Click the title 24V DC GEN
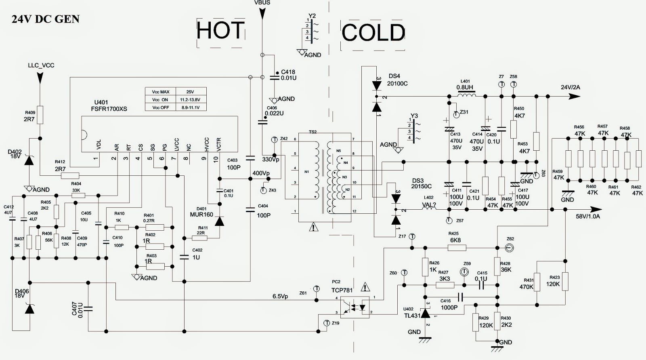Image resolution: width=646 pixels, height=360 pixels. coord(46,19)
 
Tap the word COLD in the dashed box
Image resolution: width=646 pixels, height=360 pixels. coord(373,33)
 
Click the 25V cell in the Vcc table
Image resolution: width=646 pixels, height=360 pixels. coord(190,92)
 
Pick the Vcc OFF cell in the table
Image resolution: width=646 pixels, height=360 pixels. coord(160,107)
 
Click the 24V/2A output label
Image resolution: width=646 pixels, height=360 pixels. coord(570,87)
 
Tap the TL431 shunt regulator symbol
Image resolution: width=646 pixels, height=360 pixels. coord(425,314)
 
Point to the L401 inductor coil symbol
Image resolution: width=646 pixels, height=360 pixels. coord(466,95)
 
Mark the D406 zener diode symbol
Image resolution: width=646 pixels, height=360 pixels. coord(29,309)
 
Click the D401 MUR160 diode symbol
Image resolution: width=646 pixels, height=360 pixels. coord(219,221)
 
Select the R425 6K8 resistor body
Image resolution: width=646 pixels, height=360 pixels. coord(457,247)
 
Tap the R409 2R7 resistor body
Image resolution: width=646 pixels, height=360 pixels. coord(40,115)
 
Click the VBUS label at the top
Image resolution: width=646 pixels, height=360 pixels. coord(262,2)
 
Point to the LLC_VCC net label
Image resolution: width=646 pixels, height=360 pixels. coord(41,65)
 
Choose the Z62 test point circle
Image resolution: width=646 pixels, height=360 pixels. coord(510,247)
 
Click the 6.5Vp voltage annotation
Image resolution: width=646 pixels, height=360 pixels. coord(280,296)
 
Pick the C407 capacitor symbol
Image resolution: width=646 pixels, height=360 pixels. coord(88,309)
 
